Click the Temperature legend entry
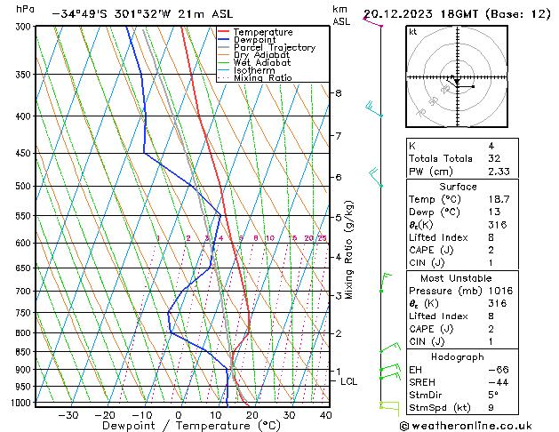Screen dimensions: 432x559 coord(259,32)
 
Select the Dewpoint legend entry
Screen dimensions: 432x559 coord(254,40)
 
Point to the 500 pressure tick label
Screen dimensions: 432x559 coord(23,187)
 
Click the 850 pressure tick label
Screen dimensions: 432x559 coord(23,352)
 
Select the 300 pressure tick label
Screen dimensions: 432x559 coord(23,28)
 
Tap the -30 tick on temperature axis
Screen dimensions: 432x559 coord(68,415)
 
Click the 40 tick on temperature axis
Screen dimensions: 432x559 coord(326,415)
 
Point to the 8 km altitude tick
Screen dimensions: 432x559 coord(339,93)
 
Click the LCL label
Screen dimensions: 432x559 coord(349,381)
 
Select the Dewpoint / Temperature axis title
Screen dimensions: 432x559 coord(179,426)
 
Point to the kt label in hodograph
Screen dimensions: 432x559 coord(413,31)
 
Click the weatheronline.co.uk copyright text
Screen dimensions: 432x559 coord(478,425)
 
